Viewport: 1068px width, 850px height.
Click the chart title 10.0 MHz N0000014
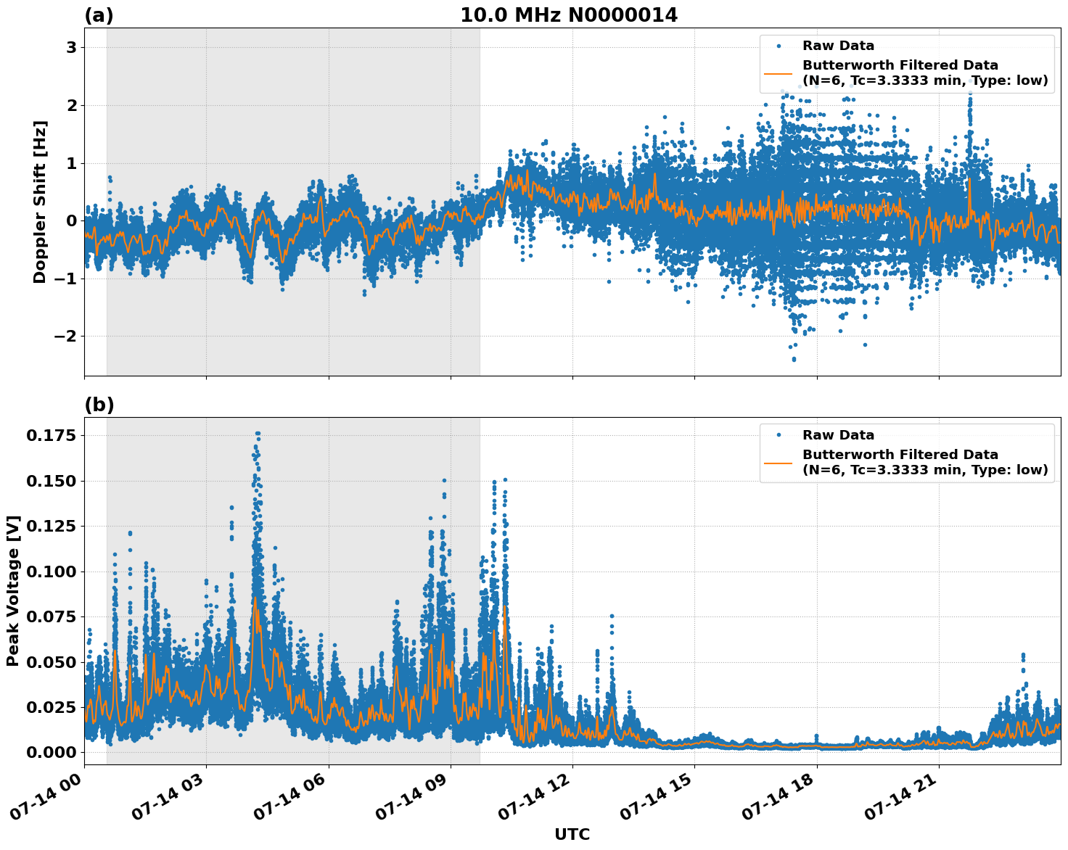[568, 15]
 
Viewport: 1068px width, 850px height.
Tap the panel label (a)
[99, 15]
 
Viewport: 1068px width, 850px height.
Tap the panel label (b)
[99, 405]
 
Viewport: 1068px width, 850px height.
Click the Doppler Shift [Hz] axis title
[40, 202]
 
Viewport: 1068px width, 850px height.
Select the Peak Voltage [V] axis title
[13, 590]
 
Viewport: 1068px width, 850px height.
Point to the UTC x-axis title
[572, 834]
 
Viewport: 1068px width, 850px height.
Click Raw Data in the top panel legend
[838, 46]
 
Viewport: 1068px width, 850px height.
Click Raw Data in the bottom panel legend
[838, 435]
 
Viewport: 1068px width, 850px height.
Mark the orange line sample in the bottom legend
[779, 462]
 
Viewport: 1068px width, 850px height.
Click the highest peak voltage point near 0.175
[257, 434]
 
